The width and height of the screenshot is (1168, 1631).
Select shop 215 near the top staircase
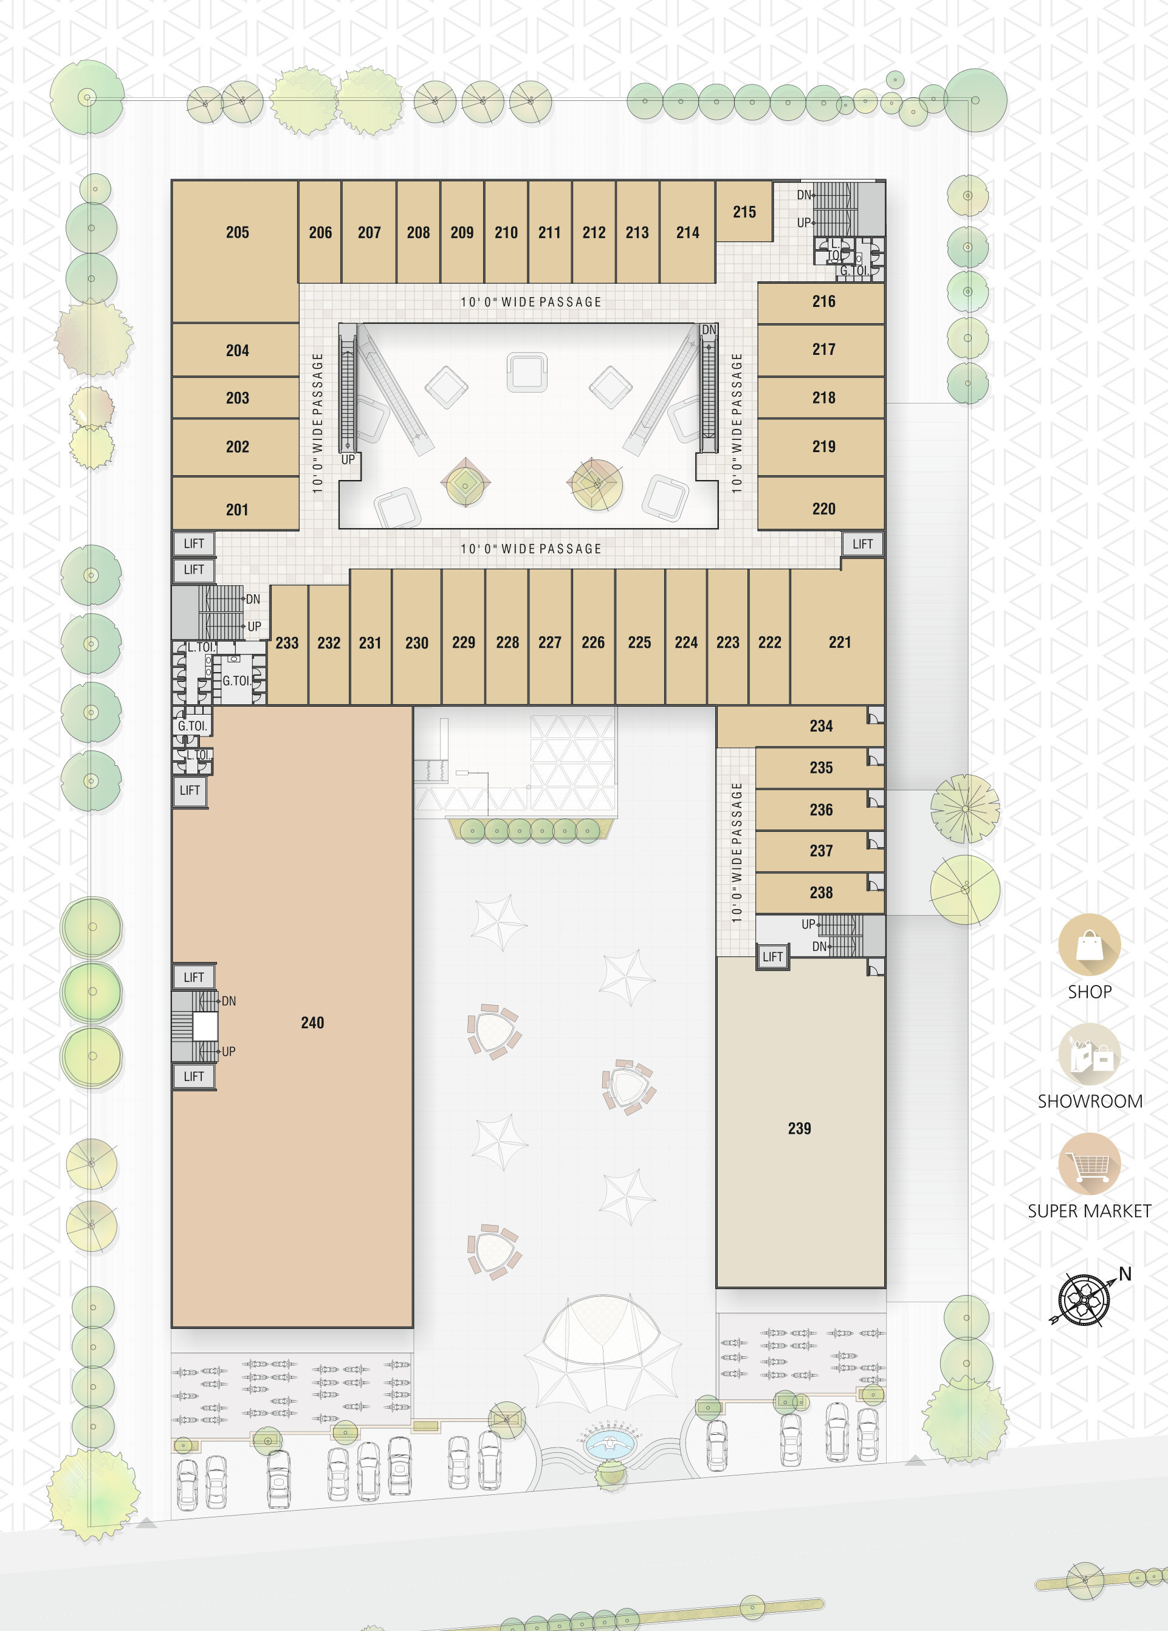coord(744,211)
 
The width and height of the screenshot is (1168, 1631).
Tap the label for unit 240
coord(312,1022)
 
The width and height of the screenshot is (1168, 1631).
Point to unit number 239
coord(799,1128)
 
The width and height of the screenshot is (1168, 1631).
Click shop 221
coord(839,636)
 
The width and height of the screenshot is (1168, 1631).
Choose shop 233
coord(287,644)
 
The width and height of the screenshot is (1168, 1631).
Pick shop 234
coord(800,726)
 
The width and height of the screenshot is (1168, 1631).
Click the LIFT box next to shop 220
coord(862,544)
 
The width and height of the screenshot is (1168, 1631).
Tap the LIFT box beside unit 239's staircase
coord(772,956)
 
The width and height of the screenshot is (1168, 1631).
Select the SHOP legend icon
coord(1089,945)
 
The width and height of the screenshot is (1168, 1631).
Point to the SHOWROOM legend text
coord(1090,1101)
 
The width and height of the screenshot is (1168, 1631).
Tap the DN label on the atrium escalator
coord(709,330)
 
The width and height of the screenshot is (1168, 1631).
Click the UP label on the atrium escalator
coord(348,459)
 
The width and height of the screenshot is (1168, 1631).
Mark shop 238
coord(820,893)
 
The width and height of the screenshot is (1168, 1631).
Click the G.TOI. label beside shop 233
coord(236,681)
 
